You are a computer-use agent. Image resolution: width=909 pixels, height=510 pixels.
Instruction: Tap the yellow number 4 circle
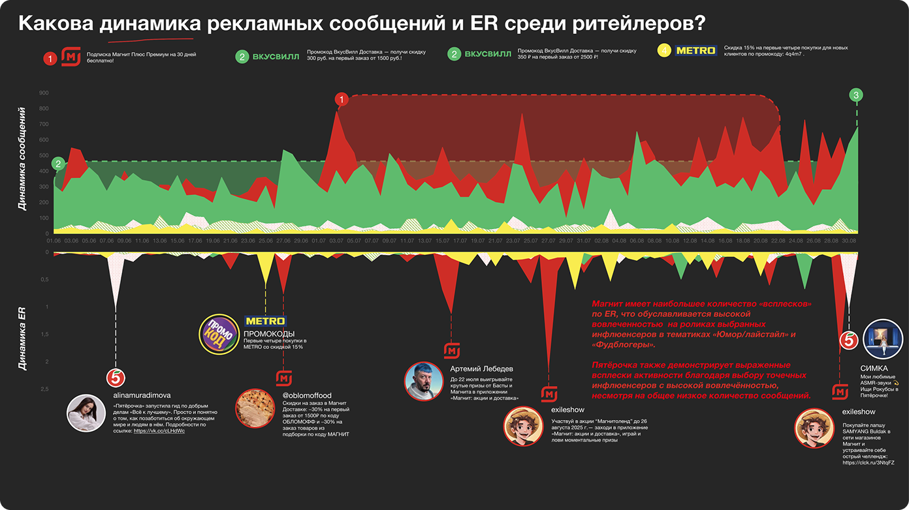[665, 50]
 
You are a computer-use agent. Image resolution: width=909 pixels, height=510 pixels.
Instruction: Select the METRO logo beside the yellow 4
[696, 50]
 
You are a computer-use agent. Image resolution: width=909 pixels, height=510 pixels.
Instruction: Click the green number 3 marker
[857, 95]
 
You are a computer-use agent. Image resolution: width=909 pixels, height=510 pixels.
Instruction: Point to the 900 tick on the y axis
[44, 93]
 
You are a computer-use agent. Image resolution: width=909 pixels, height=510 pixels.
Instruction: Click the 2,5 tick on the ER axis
[44, 389]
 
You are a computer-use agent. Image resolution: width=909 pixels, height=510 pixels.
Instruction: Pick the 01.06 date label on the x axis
[54, 241]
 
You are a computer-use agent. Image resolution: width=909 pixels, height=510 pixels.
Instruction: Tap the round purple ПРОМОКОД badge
[218, 334]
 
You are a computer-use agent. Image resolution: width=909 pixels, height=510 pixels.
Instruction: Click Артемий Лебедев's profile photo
[424, 382]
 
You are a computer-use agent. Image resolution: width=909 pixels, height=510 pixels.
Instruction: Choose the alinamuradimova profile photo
[86, 413]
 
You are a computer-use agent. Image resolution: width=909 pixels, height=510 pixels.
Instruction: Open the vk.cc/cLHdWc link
[159, 431]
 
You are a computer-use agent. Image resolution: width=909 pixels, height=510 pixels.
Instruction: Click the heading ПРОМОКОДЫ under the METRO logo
[269, 334]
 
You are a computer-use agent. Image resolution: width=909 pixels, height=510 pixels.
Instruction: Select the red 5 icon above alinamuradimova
[116, 378]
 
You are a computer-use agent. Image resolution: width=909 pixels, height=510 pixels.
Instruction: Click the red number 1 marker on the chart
[342, 99]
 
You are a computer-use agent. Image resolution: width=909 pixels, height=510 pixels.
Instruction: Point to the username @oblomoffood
[307, 395]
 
